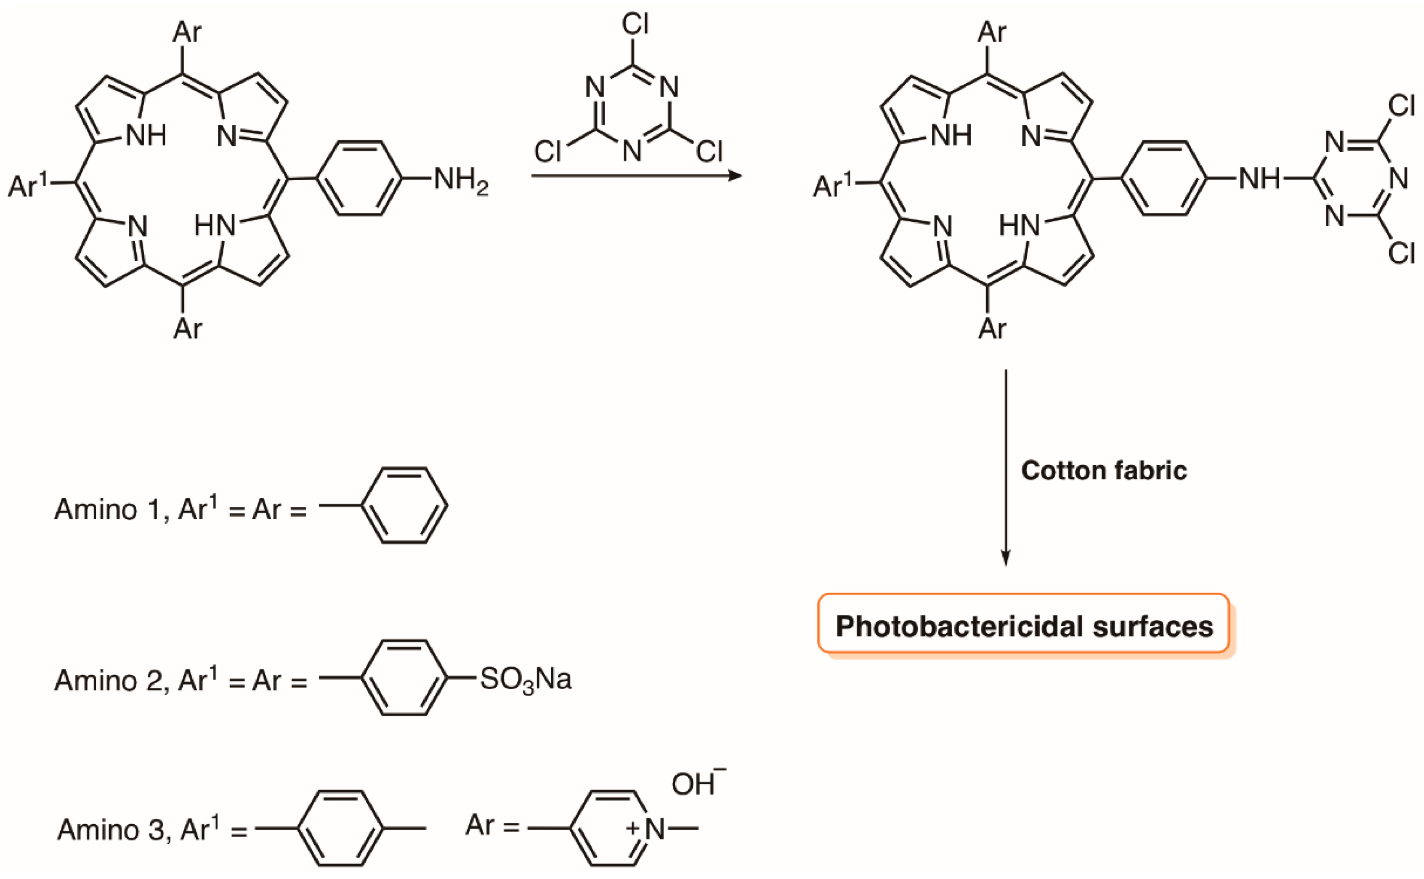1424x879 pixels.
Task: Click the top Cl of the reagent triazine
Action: tap(635, 24)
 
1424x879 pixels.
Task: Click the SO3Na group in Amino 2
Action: tap(525, 679)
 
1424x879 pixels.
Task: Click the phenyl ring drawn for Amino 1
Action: tap(404, 505)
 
